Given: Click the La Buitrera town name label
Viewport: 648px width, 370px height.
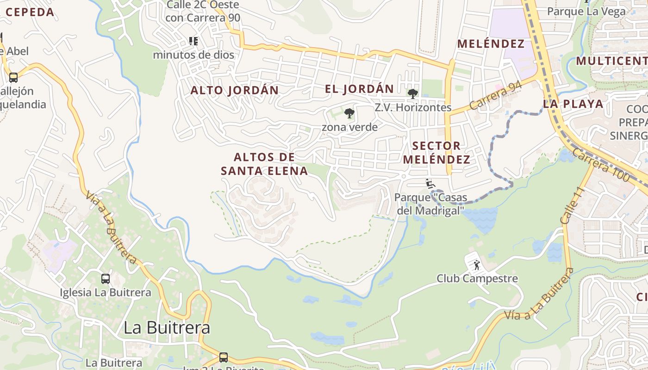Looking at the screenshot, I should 167,327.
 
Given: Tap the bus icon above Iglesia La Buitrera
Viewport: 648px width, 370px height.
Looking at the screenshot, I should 106,279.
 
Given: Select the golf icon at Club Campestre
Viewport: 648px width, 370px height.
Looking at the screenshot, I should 476,265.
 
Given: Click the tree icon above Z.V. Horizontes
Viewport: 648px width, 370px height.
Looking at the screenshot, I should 412,94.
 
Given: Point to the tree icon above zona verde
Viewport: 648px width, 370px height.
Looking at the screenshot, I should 349,113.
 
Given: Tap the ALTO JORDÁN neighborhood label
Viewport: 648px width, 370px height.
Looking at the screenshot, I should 235,90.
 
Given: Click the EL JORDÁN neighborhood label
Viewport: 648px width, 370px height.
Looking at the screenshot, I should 359,89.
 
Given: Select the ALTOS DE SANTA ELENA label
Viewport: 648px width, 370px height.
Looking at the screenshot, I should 264,164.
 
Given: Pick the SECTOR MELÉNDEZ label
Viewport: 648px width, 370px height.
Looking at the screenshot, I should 436,153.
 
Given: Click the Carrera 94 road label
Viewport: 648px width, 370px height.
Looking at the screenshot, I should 496,96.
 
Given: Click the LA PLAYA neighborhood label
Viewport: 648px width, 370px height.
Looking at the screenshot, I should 573,104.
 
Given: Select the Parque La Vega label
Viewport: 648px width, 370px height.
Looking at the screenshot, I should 586,11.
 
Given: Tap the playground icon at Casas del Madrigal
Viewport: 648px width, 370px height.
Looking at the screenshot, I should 430,184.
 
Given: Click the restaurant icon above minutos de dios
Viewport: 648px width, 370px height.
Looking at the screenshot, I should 193,41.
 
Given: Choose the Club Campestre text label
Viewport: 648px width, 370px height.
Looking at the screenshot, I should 477,278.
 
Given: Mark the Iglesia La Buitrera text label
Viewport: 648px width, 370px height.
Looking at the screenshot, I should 105,292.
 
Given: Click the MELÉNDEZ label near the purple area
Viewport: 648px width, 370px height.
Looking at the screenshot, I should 491,44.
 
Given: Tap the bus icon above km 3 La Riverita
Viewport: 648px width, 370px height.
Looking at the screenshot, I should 224,357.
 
